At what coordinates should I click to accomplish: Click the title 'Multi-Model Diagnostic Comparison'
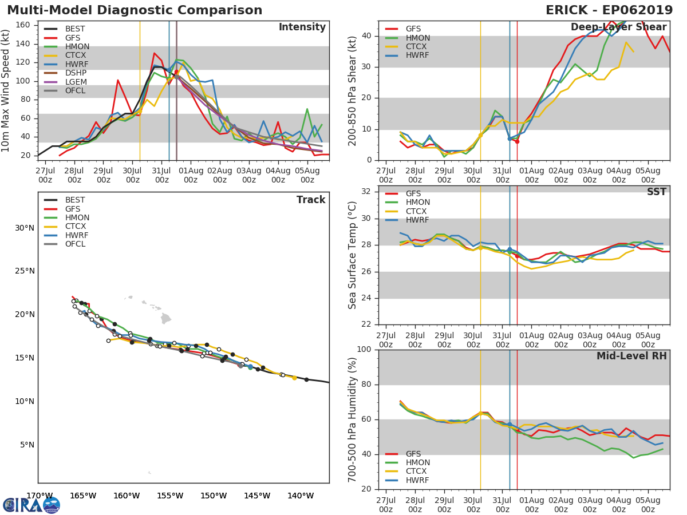(135, 10)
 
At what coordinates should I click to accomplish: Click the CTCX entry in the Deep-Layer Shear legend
(417, 46)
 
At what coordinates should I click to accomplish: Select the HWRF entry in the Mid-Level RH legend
(417, 480)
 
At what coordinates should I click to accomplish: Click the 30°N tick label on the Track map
(25, 228)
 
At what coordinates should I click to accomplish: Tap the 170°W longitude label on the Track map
(40, 496)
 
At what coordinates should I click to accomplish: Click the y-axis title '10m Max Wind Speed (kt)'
(6, 90)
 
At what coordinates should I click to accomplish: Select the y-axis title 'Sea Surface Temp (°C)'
(353, 255)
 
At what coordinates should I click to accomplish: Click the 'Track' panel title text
(310, 200)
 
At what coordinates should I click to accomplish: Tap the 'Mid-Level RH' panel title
(631, 356)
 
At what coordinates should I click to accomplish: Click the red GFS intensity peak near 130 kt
(154, 53)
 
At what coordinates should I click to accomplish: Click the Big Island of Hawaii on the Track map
(166, 318)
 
